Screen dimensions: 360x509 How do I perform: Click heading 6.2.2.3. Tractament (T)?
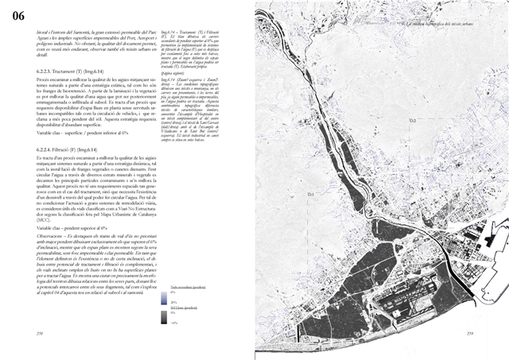[x=64, y=72]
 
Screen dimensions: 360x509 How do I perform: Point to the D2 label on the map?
[x=412, y=120]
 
